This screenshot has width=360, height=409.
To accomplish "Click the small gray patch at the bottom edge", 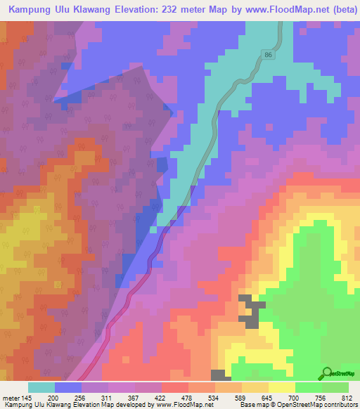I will (x=219, y=375).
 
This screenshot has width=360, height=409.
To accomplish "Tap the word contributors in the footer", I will (x=337, y=404).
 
